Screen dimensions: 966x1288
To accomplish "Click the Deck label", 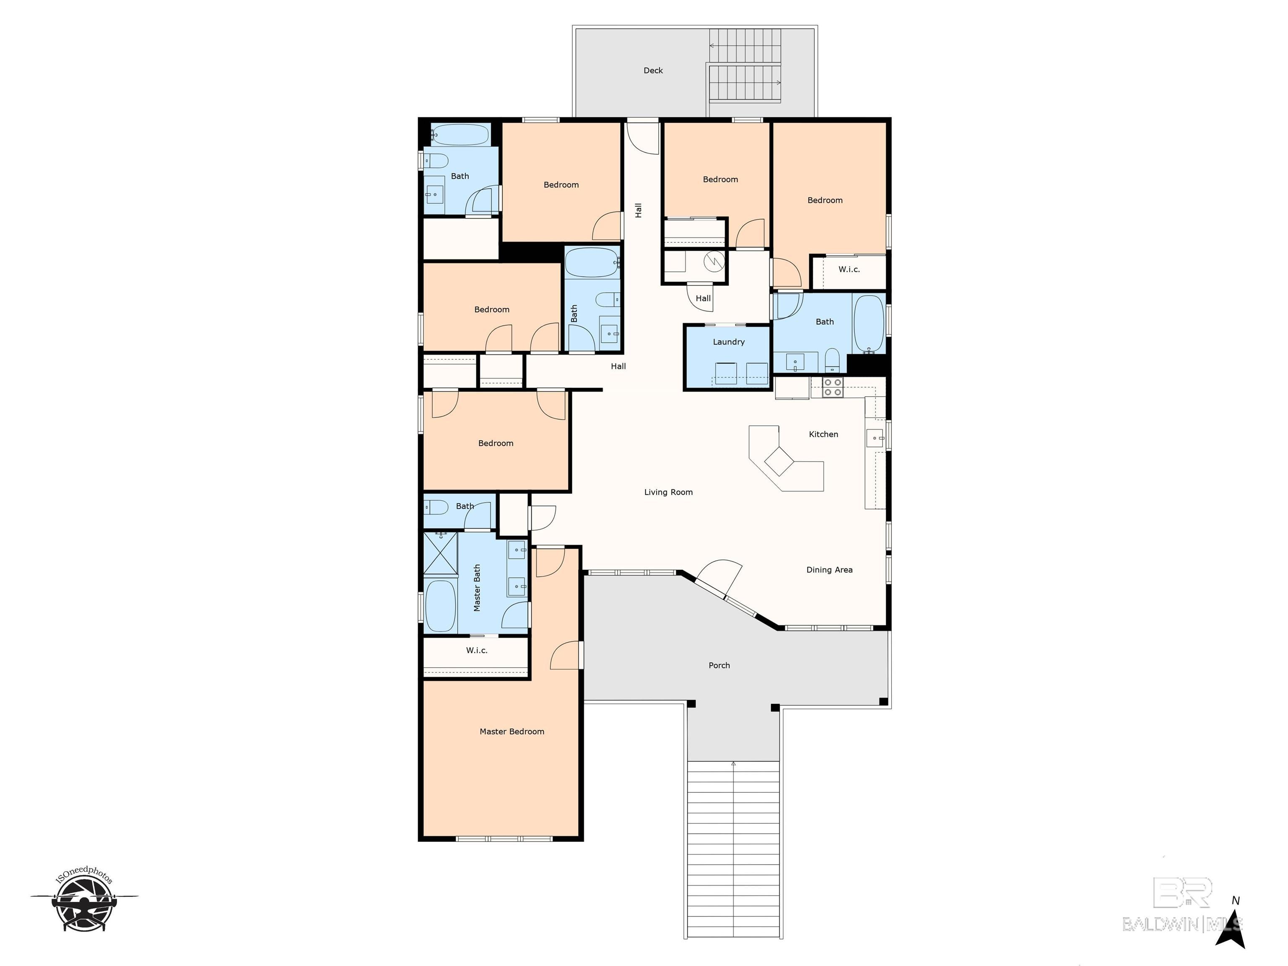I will click(653, 70).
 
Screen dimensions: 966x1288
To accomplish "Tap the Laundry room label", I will click(728, 342).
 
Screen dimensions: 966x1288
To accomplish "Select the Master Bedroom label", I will click(512, 731).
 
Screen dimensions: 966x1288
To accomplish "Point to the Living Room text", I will click(668, 492).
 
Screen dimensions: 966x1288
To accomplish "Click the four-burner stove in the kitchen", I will click(833, 387).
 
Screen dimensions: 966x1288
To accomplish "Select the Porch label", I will click(719, 665).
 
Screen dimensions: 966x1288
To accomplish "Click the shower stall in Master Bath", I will click(440, 553).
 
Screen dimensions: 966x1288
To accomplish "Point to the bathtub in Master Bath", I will click(440, 605).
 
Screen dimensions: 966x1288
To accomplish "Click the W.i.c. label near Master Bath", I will click(476, 650).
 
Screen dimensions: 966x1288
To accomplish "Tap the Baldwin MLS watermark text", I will click(1182, 924).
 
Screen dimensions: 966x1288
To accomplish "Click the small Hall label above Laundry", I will click(703, 298).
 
